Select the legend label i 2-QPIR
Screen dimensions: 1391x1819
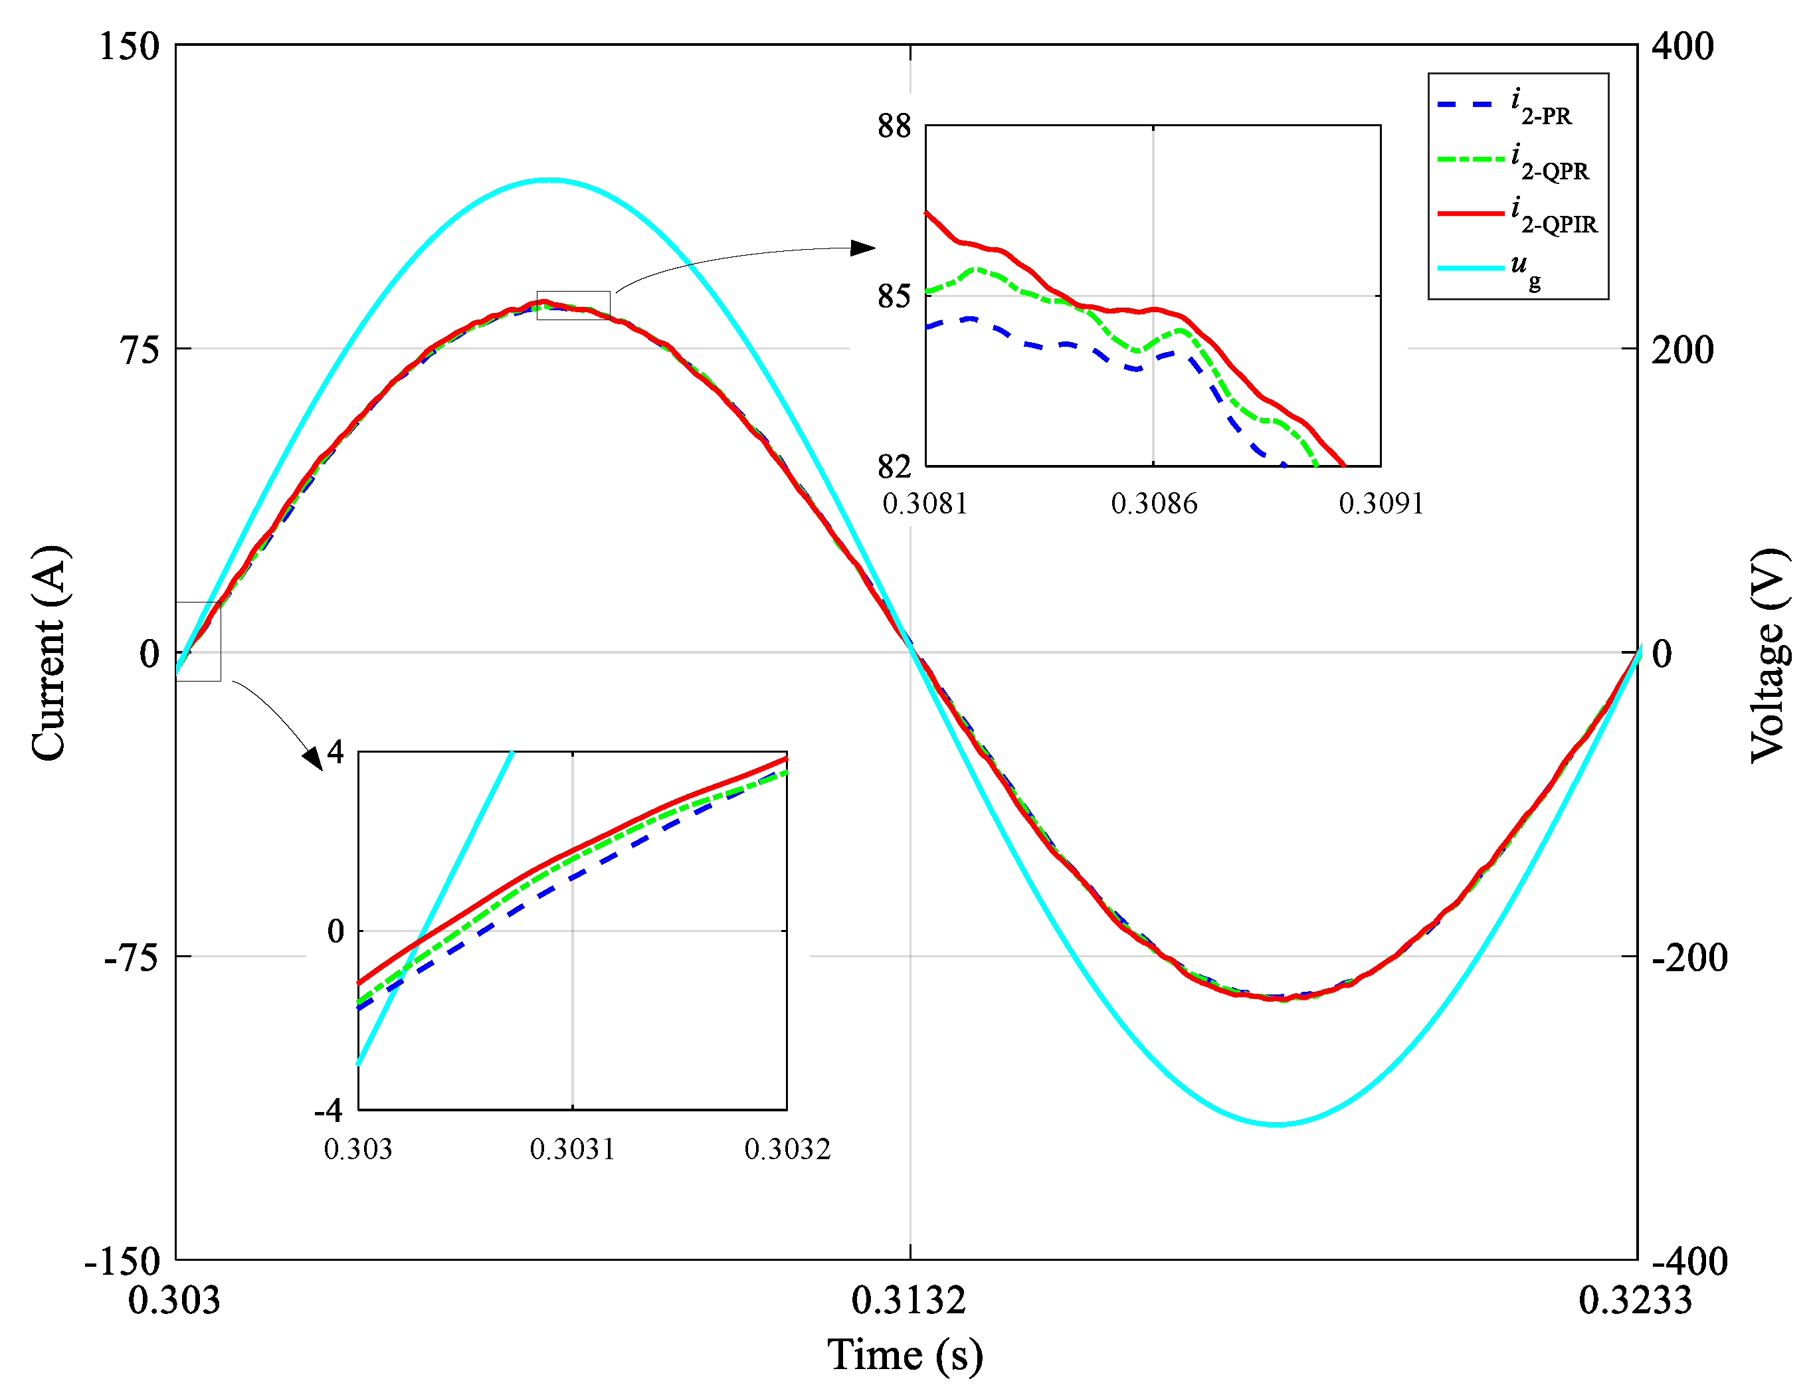[1553, 215]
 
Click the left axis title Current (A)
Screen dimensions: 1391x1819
[49, 653]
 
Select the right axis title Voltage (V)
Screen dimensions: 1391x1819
[1769, 655]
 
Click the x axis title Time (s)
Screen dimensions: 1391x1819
[905, 1355]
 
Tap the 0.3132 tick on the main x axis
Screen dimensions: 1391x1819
[908, 1301]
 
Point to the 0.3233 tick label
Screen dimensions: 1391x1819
[1635, 1301]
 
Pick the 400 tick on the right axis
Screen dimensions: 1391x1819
[1681, 46]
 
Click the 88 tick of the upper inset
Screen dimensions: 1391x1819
[894, 127]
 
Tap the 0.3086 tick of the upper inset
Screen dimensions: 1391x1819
[1153, 504]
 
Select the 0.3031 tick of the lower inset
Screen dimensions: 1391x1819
[572, 1149]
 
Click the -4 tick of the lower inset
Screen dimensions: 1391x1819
[329, 1110]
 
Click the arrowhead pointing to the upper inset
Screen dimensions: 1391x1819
[863, 248]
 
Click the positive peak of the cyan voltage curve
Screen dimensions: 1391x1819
[547, 179]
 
